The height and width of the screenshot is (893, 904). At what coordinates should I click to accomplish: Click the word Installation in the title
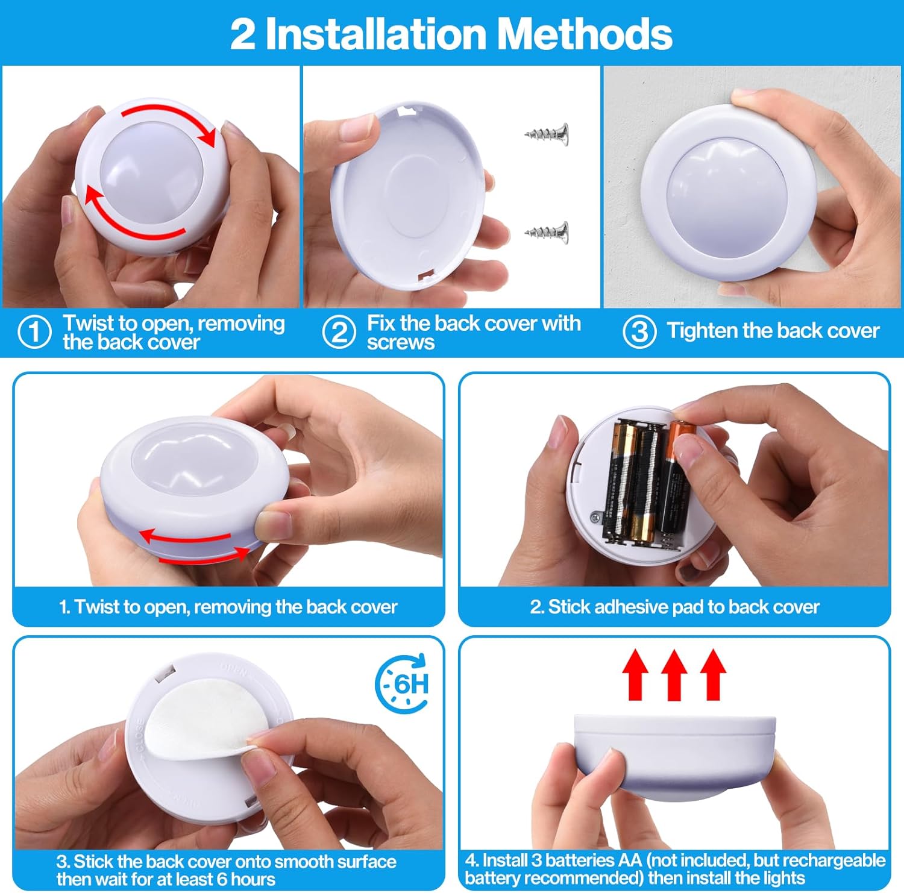[375, 34]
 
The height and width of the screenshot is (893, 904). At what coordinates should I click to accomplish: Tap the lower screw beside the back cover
[547, 231]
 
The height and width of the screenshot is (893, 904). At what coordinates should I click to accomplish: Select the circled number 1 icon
[34, 332]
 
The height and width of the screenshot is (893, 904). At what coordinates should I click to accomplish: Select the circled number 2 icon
[339, 332]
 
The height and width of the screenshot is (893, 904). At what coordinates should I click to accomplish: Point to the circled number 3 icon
[639, 332]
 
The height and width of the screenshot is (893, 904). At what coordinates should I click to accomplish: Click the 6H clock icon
[403, 684]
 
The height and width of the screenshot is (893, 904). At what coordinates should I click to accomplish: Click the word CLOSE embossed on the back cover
[140, 735]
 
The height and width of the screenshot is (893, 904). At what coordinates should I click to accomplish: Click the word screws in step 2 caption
[400, 343]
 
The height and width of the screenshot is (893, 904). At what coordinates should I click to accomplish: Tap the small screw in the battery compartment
[595, 516]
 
